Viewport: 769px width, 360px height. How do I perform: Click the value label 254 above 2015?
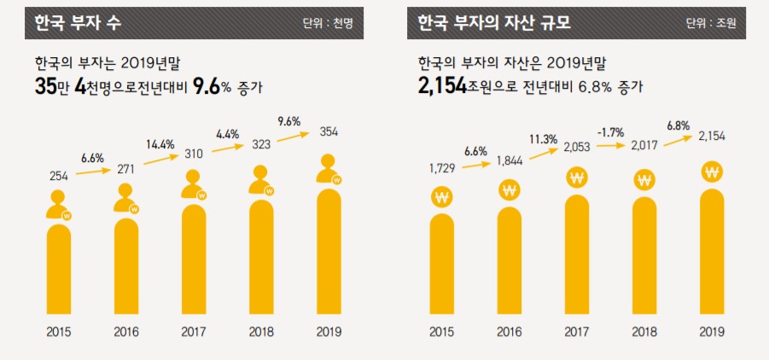click(58, 176)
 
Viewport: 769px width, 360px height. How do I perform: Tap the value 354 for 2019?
click(329, 132)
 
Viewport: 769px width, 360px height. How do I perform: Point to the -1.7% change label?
click(611, 132)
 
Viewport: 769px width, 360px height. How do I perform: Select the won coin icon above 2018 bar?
click(644, 180)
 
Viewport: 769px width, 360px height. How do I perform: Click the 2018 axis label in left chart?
click(261, 332)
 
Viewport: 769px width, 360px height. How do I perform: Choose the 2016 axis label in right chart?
click(509, 332)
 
